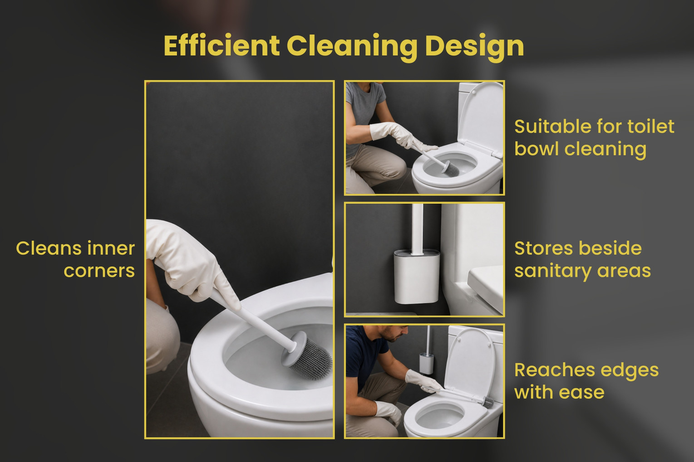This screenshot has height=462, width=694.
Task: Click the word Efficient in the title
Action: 221,45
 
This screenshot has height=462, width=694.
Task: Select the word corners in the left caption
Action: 99,271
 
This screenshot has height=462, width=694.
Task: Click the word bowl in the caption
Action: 536,149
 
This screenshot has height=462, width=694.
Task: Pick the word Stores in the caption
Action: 543,248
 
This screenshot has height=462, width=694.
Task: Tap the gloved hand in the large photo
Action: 192,260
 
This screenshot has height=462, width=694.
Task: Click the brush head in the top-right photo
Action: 451,169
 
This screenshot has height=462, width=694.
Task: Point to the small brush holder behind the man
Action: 426,363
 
